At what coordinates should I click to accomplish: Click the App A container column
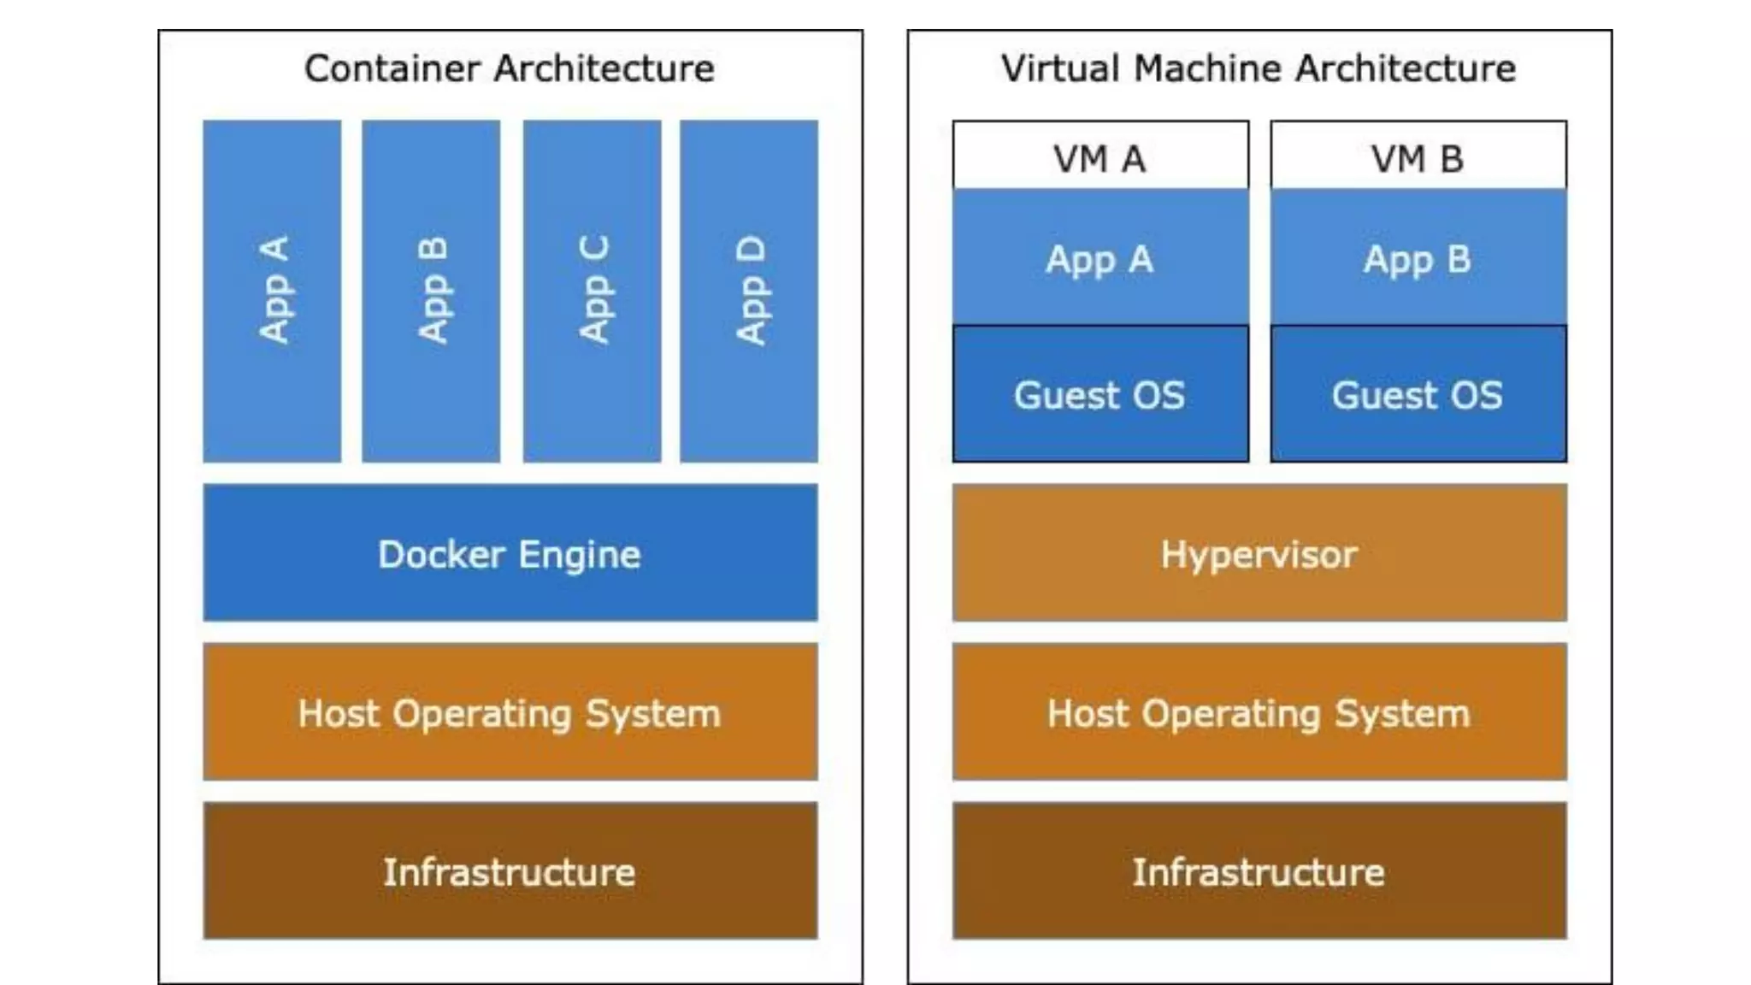click(272, 291)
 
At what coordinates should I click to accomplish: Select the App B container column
click(431, 291)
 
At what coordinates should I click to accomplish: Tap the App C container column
click(592, 291)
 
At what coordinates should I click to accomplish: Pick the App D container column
click(749, 291)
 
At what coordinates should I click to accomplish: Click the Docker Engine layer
click(510, 553)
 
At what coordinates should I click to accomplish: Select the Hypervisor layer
click(1259, 553)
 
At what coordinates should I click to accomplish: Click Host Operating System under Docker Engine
click(510, 712)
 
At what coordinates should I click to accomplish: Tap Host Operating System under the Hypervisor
click(1259, 712)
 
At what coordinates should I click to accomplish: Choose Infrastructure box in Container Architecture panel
click(510, 871)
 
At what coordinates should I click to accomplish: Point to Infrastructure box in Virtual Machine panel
click(1259, 871)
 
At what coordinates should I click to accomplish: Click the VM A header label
click(1100, 158)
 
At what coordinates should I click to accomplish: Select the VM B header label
click(1418, 158)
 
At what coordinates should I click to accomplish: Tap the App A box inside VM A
click(1100, 258)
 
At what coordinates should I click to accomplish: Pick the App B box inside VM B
click(1418, 258)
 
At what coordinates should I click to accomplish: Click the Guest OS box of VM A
click(1100, 394)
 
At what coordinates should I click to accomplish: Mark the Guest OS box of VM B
click(1418, 394)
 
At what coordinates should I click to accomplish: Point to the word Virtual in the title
click(1060, 68)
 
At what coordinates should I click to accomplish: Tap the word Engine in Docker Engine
click(580, 555)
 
